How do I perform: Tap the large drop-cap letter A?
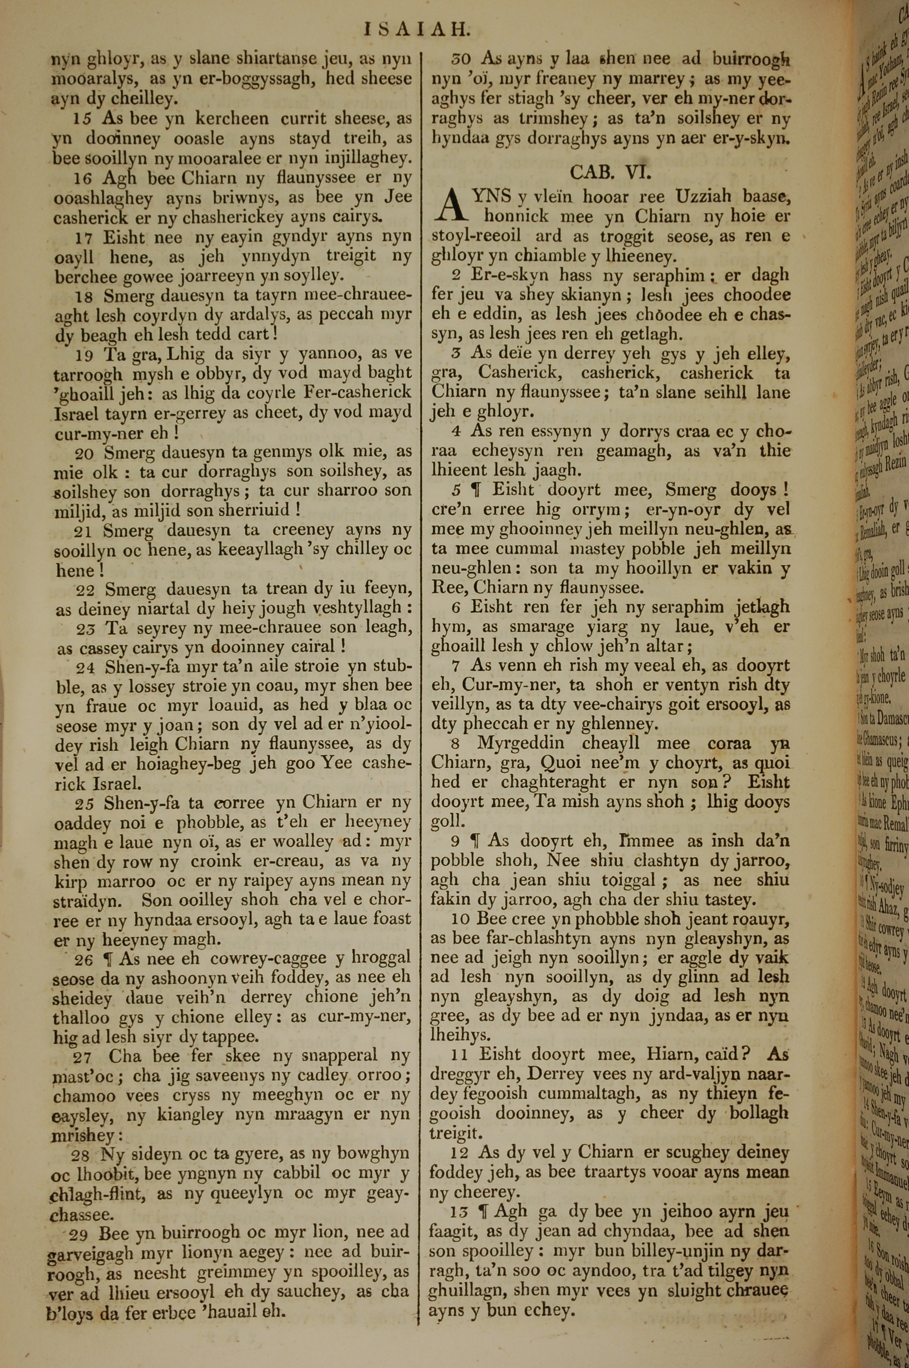click(450, 207)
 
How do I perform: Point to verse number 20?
click(84, 453)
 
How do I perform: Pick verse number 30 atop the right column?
click(462, 59)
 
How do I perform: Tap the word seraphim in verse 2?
click(667, 276)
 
